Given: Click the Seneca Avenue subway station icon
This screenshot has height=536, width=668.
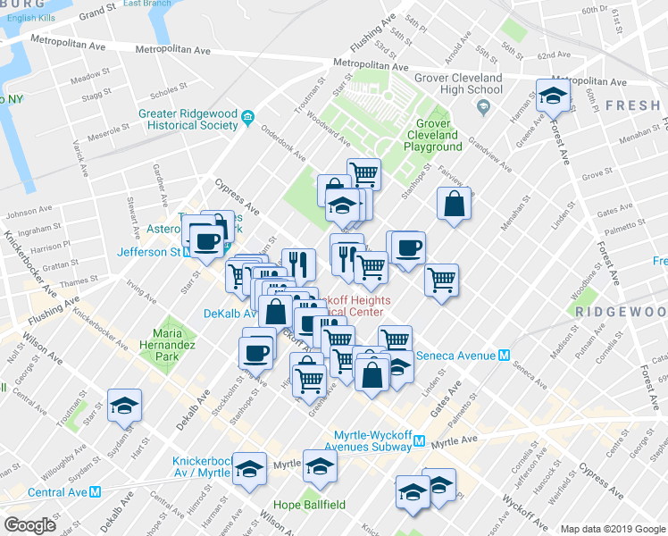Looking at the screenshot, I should (505, 354).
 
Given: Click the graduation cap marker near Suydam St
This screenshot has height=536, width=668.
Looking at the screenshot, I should (125, 405).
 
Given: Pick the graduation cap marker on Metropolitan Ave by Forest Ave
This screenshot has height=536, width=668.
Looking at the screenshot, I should (553, 96).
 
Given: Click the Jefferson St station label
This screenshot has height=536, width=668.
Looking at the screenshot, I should (147, 252).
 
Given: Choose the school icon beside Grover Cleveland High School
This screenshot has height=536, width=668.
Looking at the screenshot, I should (484, 108).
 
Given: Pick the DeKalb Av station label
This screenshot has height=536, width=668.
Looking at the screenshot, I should (230, 314).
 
